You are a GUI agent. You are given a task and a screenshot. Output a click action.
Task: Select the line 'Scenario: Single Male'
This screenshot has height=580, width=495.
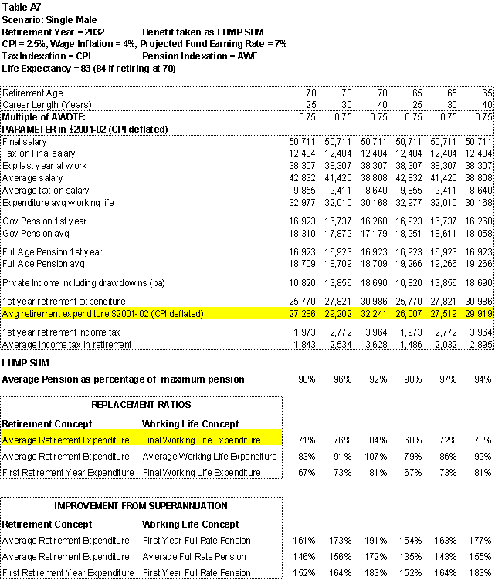(48, 19)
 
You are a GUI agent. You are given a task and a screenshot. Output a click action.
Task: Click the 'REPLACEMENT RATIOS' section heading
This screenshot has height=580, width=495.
(141, 404)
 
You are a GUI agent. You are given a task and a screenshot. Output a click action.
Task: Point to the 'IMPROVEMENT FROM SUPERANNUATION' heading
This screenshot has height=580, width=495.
(141, 505)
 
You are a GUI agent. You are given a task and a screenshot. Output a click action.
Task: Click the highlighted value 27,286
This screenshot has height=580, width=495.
(302, 314)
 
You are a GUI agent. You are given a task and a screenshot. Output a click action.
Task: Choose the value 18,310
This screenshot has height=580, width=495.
(302, 232)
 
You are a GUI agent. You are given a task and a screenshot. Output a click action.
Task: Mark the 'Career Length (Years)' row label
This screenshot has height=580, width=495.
(44, 104)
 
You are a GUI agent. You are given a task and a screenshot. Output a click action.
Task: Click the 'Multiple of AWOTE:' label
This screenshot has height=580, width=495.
(43, 116)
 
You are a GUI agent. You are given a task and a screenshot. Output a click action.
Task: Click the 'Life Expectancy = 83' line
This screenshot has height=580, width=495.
(88, 69)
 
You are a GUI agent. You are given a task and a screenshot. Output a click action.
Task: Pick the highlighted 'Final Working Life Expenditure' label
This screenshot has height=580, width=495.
(202, 440)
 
